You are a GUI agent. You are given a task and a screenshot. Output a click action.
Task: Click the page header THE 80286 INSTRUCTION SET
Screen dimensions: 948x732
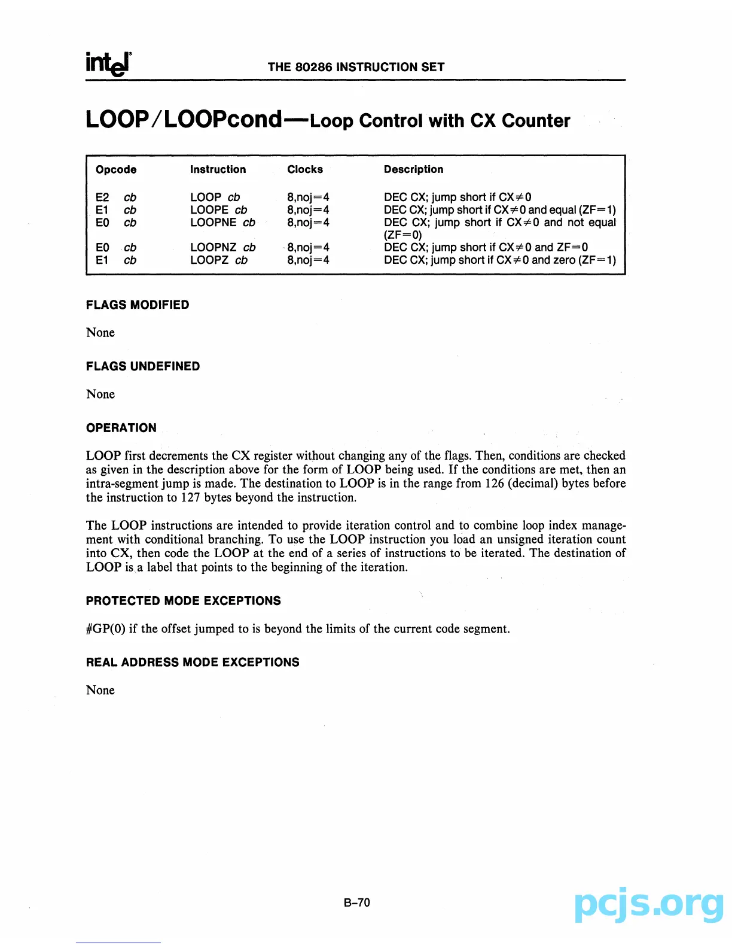click(356, 67)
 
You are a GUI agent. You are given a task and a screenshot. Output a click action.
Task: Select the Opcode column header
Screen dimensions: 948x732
click(116, 169)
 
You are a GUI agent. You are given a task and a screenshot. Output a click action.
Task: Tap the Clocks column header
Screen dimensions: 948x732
click(304, 169)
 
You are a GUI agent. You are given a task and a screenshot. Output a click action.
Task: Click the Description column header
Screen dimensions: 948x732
click(413, 169)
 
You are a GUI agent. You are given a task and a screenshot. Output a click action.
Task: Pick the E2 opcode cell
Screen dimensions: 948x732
click(102, 197)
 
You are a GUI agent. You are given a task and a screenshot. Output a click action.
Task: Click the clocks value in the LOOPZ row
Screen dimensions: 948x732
click(308, 260)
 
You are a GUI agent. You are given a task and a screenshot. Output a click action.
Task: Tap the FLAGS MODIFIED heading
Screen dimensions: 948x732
click(138, 305)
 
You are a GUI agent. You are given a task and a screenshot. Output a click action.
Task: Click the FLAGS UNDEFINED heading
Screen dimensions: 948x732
click(143, 366)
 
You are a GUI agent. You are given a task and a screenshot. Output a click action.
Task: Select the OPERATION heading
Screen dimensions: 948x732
click(121, 428)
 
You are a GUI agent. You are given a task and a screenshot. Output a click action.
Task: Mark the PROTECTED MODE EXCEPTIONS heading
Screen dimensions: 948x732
click(183, 601)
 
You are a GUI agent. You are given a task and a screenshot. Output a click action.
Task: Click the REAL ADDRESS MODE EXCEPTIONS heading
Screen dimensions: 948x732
click(193, 663)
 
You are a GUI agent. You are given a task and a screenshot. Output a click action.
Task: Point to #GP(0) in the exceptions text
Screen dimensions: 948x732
click(106, 629)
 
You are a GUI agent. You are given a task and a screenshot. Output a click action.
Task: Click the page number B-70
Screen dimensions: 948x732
click(357, 903)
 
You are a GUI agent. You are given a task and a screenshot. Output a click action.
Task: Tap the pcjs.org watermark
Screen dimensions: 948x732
click(648, 905)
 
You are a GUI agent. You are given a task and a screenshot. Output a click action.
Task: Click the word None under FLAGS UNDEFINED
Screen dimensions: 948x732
click(100, 394)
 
